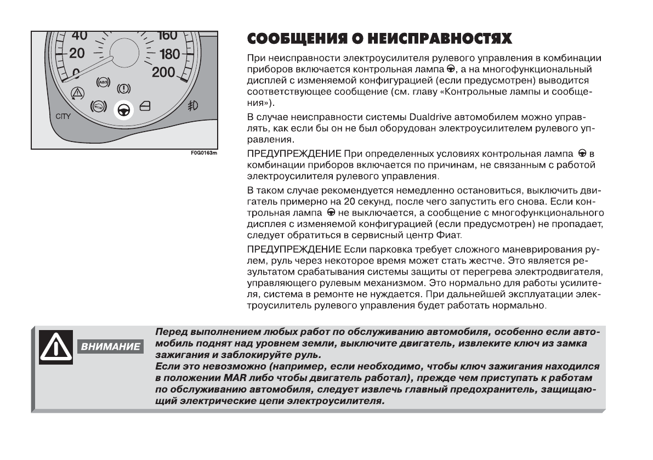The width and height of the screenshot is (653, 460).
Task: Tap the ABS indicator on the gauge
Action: click(x=103, y=82)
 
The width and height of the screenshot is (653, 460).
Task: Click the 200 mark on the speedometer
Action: click(x=163, y=72)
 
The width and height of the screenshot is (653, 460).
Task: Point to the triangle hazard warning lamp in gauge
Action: click(x=77, y=92)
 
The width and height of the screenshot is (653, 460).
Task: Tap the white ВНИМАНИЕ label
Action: click(x=111, y=347)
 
